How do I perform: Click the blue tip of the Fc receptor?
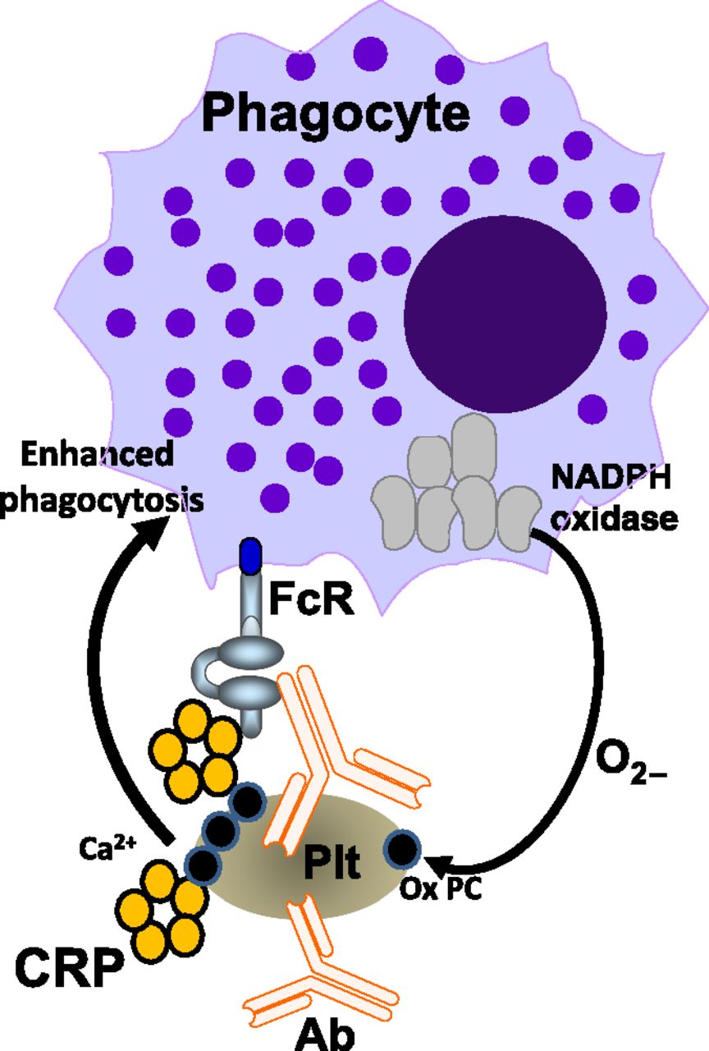[x=250, y=555]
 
